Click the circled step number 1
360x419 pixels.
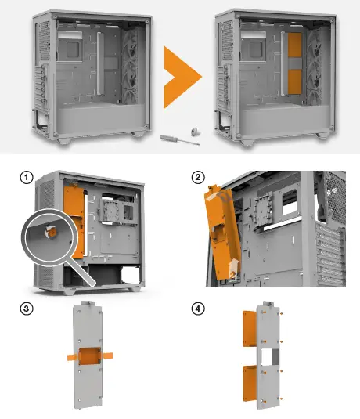click(x=27, y=179)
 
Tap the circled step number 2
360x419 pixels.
click(x=199, y=179)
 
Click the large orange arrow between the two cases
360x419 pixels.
click(x=180, y=78)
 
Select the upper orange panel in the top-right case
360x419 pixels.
click(x=295, y=49)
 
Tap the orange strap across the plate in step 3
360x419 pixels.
click(x=88, y=356)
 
